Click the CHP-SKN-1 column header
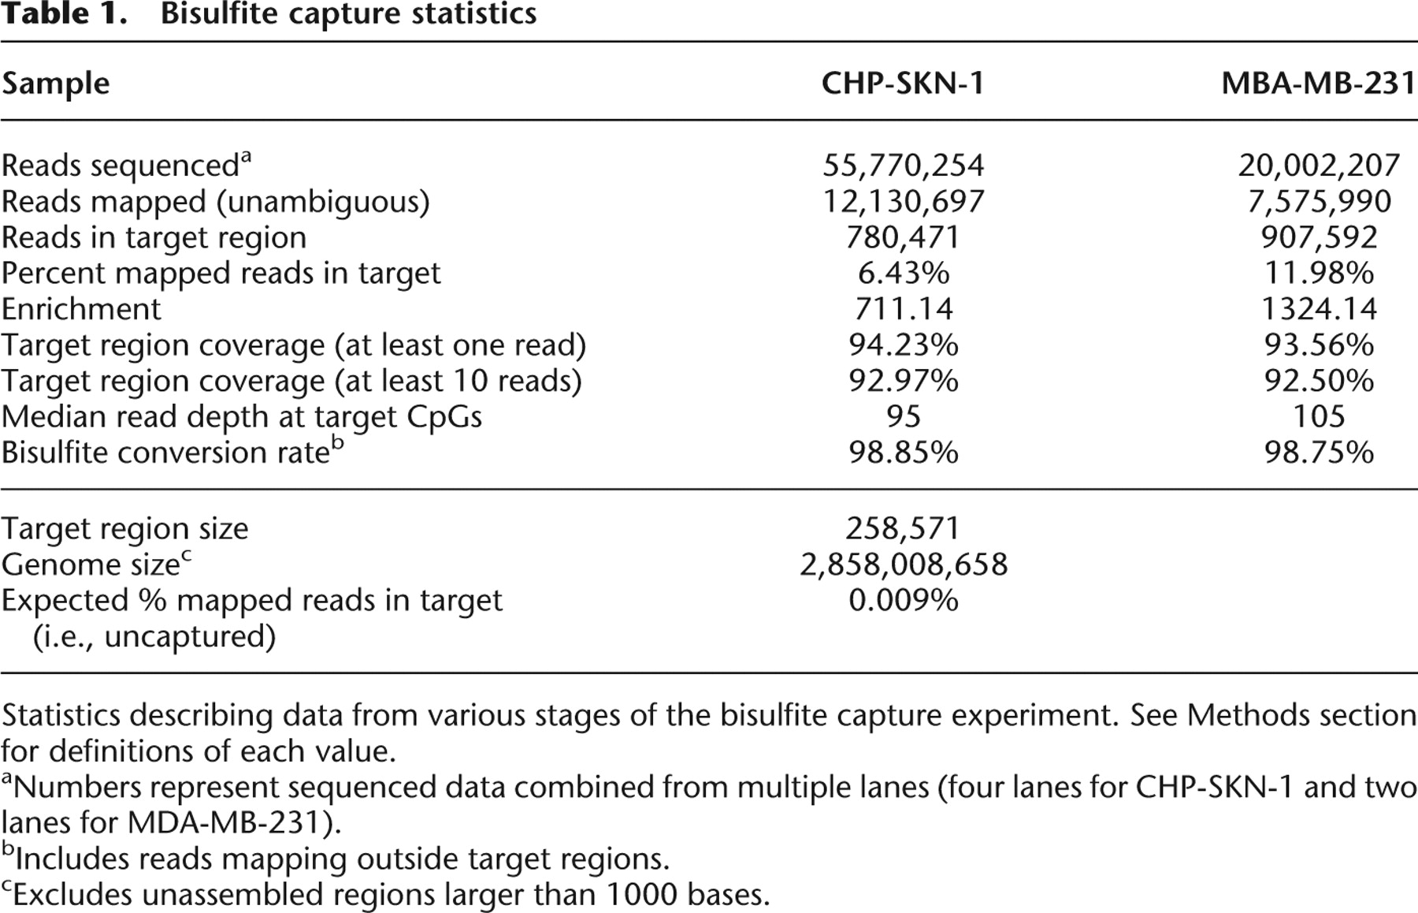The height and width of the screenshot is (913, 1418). (903, 83)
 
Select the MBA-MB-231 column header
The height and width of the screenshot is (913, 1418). (1319, 83)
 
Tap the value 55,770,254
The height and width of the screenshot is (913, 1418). (903, 166)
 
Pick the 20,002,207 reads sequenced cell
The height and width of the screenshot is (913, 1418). (1319, 166)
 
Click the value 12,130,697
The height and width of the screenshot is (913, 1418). (903, 202)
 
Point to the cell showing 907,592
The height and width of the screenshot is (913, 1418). (1319, 237)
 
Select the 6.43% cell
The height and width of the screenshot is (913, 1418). (903, 274)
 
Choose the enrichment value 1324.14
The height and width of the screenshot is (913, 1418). (1319, 309)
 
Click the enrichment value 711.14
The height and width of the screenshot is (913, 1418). (903, 309)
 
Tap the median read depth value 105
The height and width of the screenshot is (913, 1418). (1319, 416)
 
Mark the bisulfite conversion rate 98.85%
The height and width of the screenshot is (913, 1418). (903, 453)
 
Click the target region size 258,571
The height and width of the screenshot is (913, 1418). (903, 528)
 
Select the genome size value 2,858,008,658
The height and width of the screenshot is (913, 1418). (903, 565)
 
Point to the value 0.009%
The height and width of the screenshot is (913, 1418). (903, 601)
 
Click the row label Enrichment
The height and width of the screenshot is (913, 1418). (81, 309)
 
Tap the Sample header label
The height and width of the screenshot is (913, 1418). (55, 83)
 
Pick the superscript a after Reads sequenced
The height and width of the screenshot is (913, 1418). (245, 155)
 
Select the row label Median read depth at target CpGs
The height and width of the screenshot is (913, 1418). (241, 416)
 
